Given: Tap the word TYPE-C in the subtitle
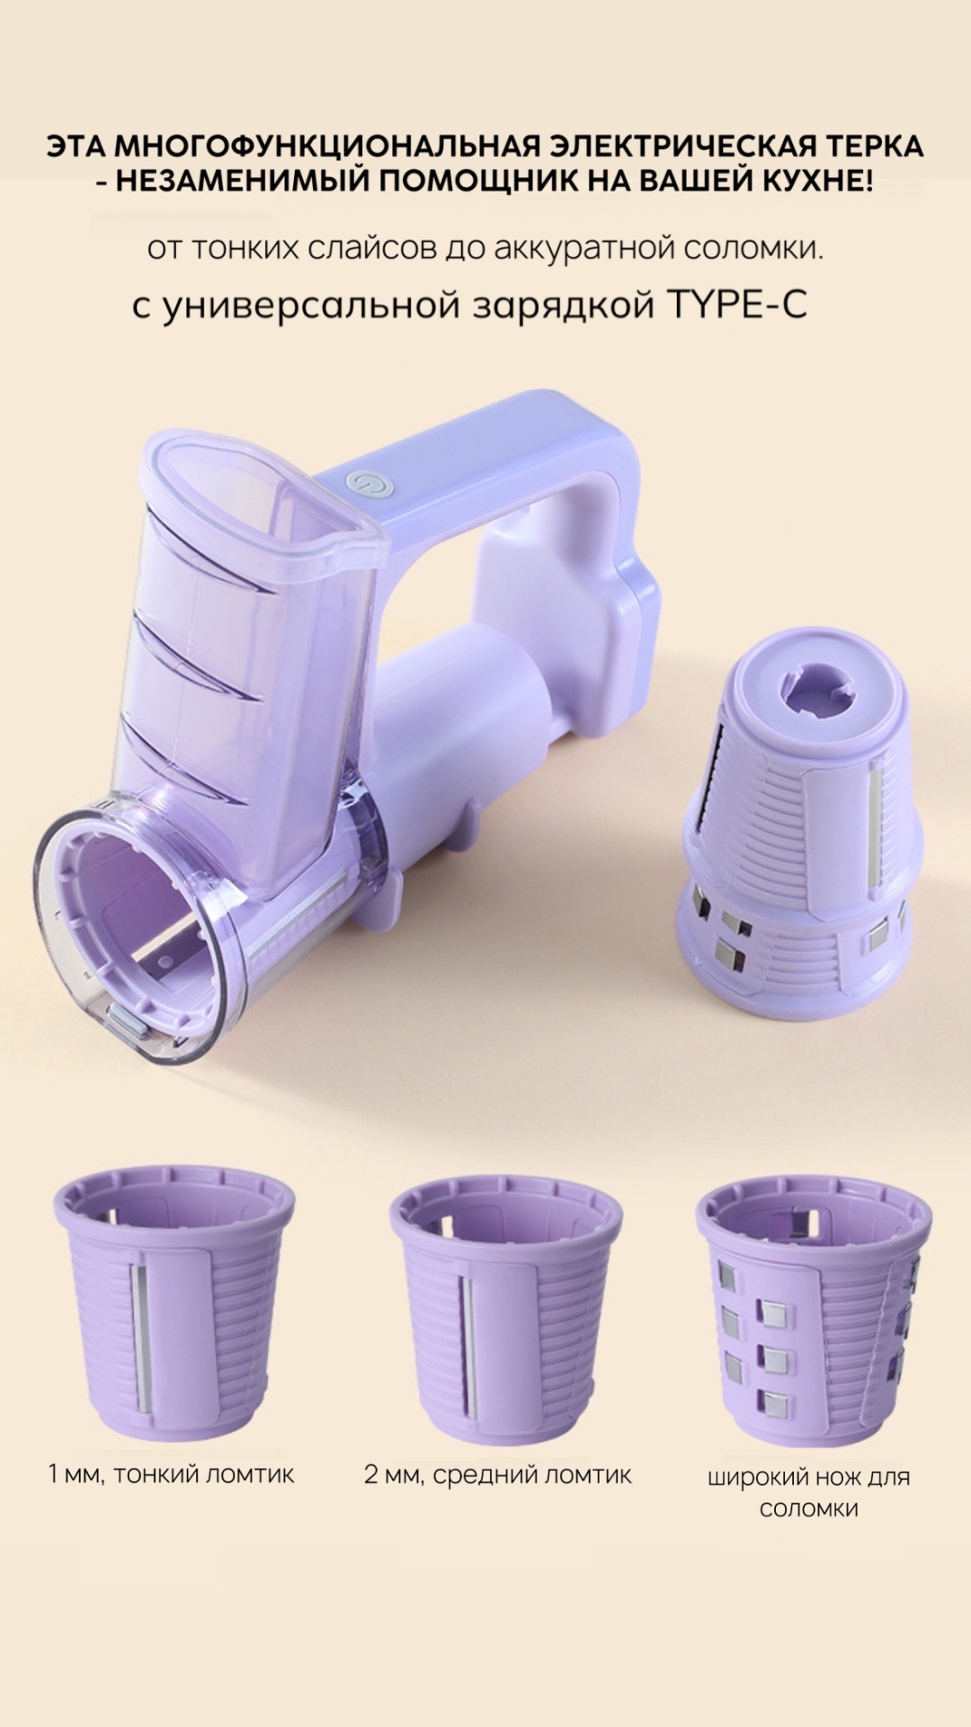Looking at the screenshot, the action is [x=735, y=305].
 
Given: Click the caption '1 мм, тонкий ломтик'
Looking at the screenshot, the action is [x=171, y=1474].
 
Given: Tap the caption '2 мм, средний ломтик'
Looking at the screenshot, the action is [x=498, y=1474].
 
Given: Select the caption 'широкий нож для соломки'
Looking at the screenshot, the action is [x=808, y=1492].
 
